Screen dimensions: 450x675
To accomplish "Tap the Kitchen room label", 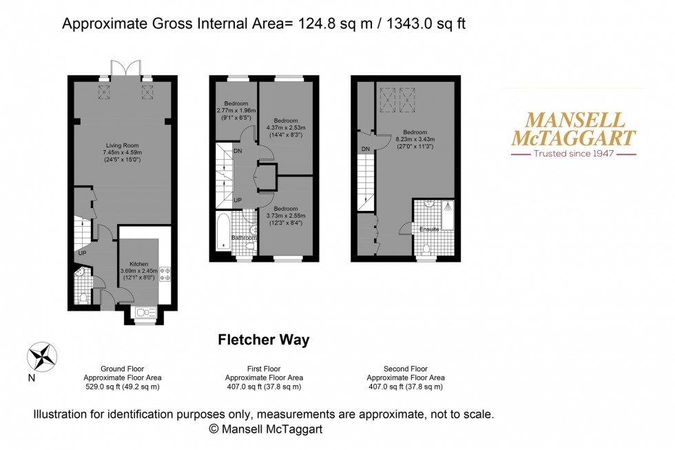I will (x=139, y=263).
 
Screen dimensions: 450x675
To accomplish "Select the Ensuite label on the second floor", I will (x=429, y=229).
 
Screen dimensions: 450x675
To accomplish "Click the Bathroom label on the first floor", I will (x=243, y=238).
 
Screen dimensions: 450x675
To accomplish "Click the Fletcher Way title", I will (x=264, y=340).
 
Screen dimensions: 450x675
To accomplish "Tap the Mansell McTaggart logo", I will (x=572, y=135).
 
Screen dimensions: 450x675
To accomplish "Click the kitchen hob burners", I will (x=165, y=274).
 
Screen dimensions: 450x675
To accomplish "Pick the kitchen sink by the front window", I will (x=145, y=309).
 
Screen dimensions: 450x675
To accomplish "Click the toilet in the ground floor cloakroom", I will (x=83, y=297).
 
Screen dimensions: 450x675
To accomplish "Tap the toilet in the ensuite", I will (x=427, y=248).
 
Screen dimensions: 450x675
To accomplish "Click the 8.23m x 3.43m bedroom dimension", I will (x=415, y=139).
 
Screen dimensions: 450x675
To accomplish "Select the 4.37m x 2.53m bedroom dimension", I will (x=285, y=126).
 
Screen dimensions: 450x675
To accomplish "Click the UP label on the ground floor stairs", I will (x=82, y=253).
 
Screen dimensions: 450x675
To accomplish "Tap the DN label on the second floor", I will (x=365, y=148).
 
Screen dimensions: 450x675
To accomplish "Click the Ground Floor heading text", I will (x=123, y=369).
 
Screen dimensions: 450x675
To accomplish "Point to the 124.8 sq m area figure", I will (x=325, y=24).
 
